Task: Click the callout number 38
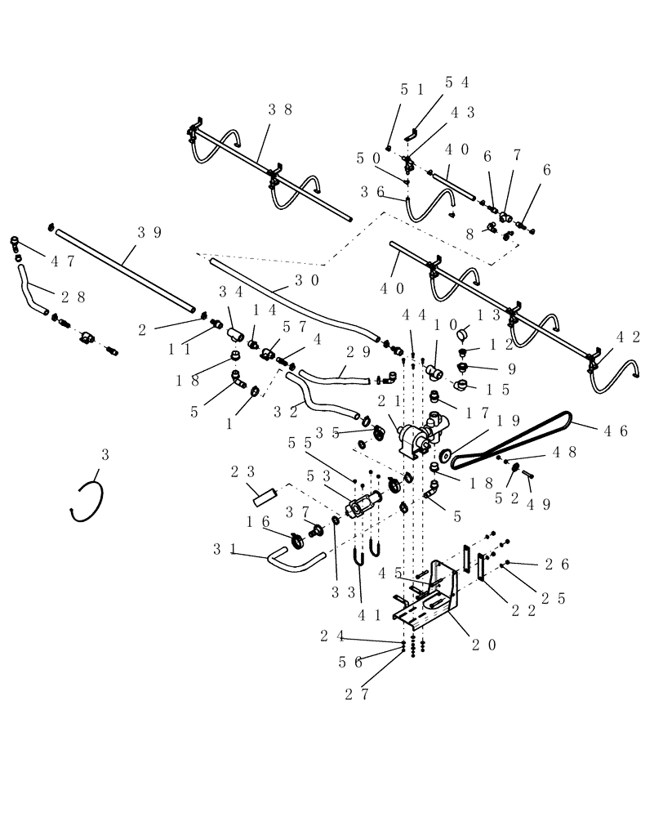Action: [280, 109]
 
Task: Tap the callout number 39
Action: [149, 233]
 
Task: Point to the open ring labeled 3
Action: [87, 500]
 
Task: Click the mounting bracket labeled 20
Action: [433, 596]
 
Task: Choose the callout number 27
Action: [361, 694]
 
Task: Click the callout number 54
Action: [456, 82]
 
